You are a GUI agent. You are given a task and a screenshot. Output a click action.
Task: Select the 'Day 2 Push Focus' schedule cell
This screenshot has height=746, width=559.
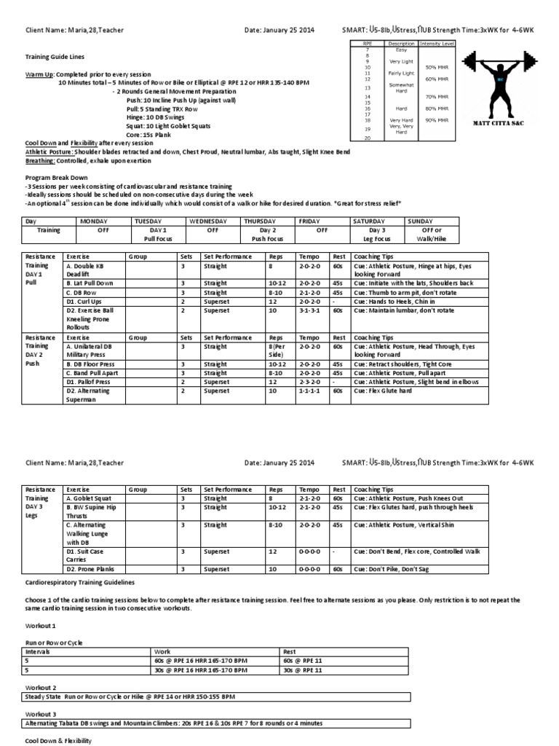pos(268,234)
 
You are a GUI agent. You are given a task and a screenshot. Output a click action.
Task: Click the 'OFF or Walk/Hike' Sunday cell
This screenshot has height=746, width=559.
pos(422,234)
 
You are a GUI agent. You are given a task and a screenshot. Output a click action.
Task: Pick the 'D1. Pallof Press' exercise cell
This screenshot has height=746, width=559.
pos(87,381)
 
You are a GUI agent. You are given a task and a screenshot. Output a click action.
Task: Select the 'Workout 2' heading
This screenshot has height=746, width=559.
pos(41,687)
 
